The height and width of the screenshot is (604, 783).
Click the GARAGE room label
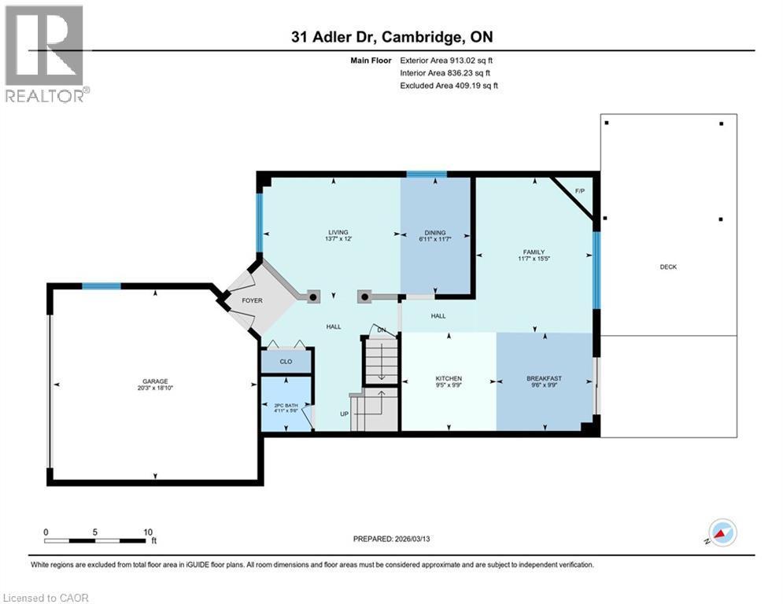point(156,381)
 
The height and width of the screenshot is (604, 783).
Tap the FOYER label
point(252,300)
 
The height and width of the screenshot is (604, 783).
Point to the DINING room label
point(435,233)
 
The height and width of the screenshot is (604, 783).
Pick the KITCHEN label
point(449,379)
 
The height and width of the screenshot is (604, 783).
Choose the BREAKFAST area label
point(544,379)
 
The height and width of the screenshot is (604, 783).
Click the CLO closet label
point(286,361)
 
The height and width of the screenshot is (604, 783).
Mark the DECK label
point(668,267)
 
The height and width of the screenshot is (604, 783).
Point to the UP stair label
point(344,414)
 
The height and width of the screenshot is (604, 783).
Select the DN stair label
point(382,330)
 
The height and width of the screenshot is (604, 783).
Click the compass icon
point(722,532)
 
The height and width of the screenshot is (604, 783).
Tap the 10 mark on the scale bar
point(148,532)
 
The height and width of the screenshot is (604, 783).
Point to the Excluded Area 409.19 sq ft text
point(449,85)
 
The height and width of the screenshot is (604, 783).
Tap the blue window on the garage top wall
point(102,285)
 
